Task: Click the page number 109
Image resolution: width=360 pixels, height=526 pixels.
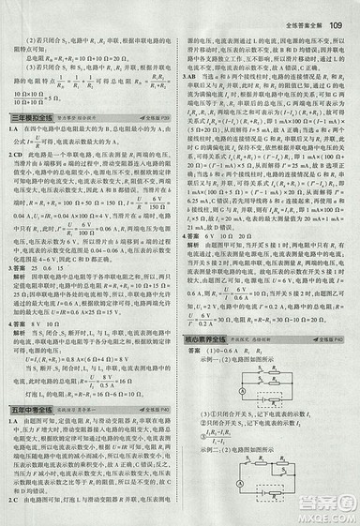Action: [340, 12]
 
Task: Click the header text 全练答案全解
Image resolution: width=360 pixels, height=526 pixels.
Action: [304, 13]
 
